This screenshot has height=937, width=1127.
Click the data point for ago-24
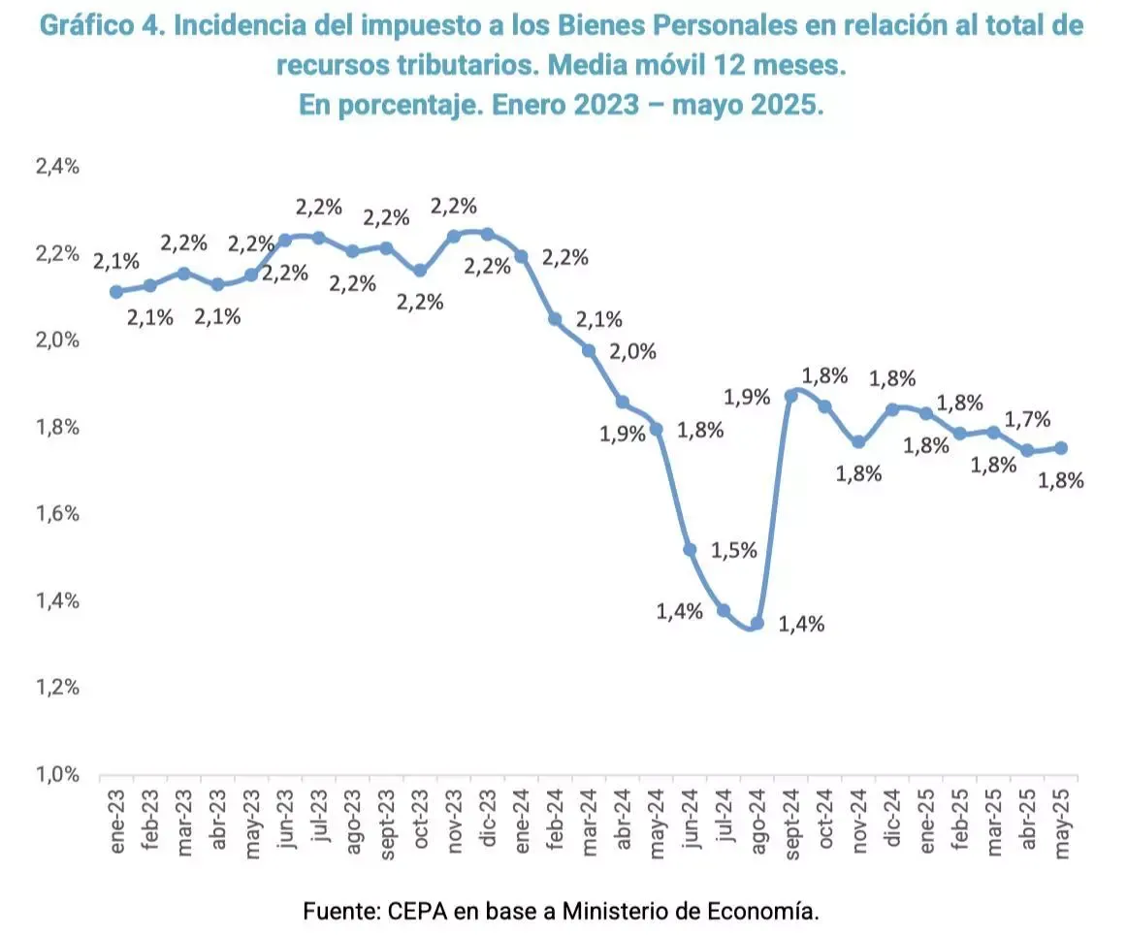point(757,624)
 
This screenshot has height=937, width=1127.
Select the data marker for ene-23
point(116,292)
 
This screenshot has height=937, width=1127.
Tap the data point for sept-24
point(790,396)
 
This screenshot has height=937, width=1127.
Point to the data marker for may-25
point(1061,447)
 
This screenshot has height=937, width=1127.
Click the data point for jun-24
point(690,550)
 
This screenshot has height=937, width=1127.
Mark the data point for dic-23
point(487,234)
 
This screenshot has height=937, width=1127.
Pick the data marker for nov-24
point(858,442)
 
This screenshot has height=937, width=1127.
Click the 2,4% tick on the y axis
point(57,167)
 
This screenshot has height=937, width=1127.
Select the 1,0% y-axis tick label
point(57,774)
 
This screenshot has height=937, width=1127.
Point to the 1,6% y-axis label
point(57,514)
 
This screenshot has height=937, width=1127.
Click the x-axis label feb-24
point(555,824)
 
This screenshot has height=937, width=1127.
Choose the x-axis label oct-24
point(825,824)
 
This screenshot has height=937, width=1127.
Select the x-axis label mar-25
point(994,824)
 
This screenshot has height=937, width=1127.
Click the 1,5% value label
point(734,550)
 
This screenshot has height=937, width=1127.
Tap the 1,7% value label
point(1029,419)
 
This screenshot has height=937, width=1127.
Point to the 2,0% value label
point(633,351)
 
